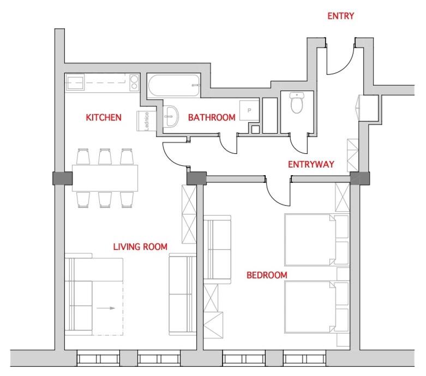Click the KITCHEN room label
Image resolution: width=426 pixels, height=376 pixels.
[x=104, y=117]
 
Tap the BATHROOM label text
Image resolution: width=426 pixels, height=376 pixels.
[x=212, y=117]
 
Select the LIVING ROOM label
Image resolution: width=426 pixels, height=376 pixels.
[x=140, y=247]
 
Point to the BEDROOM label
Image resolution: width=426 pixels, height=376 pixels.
[x=267, y=275]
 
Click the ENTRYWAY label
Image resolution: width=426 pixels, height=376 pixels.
[x=311, y=164]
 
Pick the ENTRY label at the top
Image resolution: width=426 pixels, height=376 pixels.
[x=341, y=16]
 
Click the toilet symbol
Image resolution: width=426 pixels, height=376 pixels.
[x=296, y=103]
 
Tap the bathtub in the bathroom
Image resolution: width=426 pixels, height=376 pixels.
[x=174, y=86]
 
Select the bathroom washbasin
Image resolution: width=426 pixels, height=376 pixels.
[x=171, y=116]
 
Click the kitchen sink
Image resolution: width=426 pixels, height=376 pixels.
[x=75, y=82]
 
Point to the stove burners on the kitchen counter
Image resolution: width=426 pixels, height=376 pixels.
[x=134, y=82]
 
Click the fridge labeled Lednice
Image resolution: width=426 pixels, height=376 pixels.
[x=146, y=121]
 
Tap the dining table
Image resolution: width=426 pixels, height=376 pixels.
[x=105, y=178]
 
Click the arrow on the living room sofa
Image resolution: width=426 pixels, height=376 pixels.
[x=106, y=308]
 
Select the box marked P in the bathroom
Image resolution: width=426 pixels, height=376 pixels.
[x=249, y=111]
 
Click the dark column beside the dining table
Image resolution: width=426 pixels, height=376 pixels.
[x=63, y=178]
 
